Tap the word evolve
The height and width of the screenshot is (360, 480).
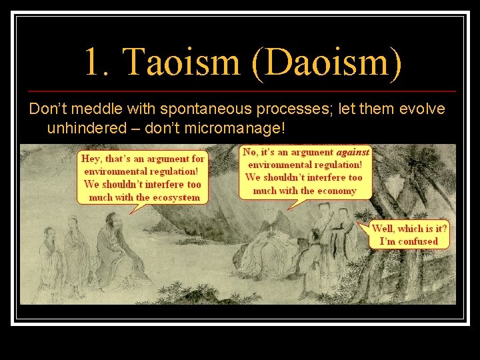click(419, 109)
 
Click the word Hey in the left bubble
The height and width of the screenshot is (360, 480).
click(90, 159)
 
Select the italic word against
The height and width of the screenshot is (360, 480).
click(353, 152)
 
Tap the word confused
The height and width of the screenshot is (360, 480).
click(418, 241)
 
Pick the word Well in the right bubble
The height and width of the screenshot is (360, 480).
click(385, 228)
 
